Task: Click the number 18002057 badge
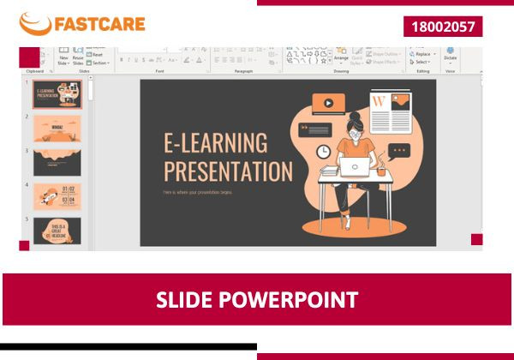(x=442, y=27)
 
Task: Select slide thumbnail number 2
(x=57, y=128)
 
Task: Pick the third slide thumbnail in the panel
(x=57, y=162)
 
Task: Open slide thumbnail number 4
(x=57, y=196)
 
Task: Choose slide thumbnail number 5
(x=57, y=230)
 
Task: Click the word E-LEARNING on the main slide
(x=215, y=143)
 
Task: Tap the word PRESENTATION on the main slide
(x=228, y=170)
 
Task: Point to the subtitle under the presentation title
(x=197, y=192)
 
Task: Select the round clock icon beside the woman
(x=324, y=151)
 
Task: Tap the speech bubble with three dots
(x=398, y=151)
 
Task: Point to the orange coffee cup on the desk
(x=381, y=170)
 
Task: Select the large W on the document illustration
(x=380, y=101)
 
